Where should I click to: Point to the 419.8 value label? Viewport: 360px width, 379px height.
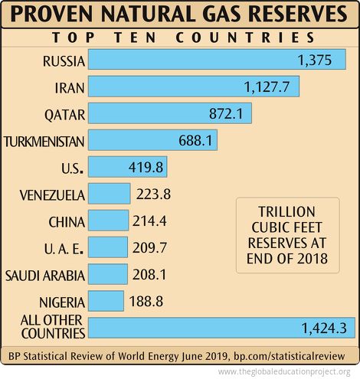coord(143,167)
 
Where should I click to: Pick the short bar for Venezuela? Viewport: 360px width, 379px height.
coord(109,194)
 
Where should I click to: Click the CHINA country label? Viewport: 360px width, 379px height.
coord(66,221)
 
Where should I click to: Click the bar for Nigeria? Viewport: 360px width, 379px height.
coord(106,301)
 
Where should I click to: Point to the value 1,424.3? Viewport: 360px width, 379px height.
coord(323,328)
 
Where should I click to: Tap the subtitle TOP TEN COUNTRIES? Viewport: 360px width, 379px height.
coord(180,38)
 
